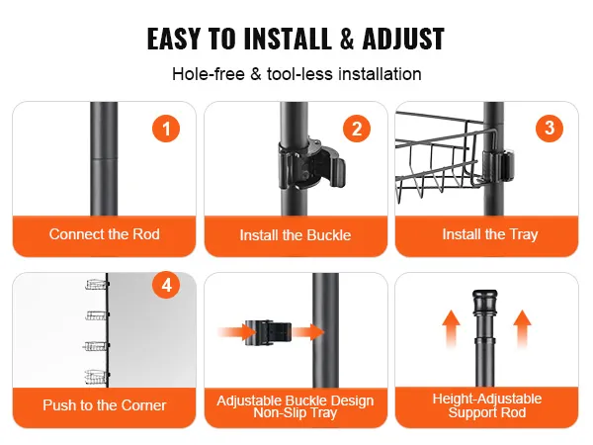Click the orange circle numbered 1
[x=166, y=129]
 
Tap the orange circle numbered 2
[x=357, y=129]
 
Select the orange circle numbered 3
[x=550, y=129]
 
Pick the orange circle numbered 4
[x=166, y=286]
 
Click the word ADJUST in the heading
[x=403, y=39]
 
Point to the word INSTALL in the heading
[x=288, y=39]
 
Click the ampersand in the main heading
[x=347, y=39]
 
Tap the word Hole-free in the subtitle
[x=209, y=74]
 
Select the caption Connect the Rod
[x=105, y=234]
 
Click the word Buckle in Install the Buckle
[x=329, y=235]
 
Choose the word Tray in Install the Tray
[x=524, y=234]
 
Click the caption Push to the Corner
[x=105, y=405]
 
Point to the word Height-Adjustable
[x=487, y=399]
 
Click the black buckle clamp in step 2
[x=312, y=164]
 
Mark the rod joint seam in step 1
[x=104, y=159]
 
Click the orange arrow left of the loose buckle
[x=238, y=332]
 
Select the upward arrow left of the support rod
[x=452, y=328]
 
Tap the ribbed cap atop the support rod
[x=485, y=302]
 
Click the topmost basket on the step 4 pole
[x=97, y=284]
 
